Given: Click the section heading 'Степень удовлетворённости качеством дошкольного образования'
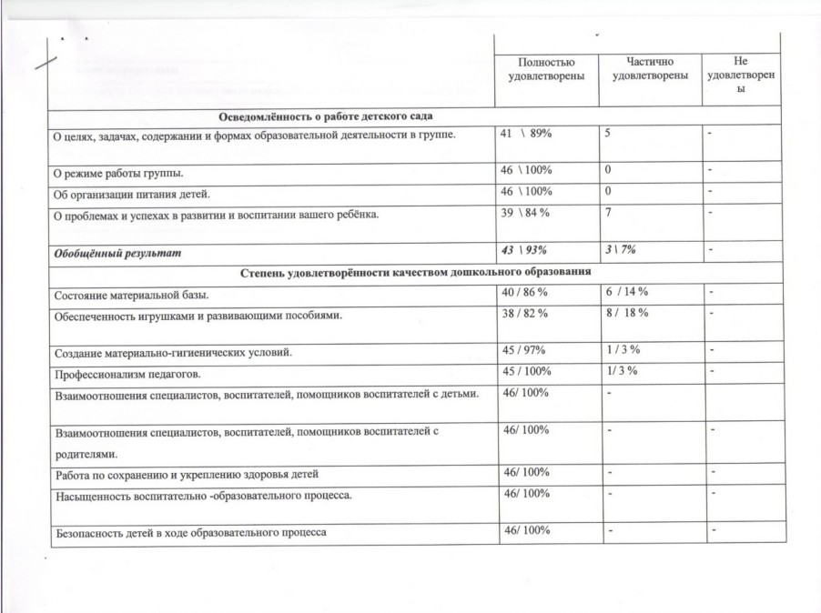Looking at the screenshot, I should (x=417, y=271).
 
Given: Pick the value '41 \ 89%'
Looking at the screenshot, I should (x=527, y=134).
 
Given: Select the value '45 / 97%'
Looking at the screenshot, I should (x=526, y=351).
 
